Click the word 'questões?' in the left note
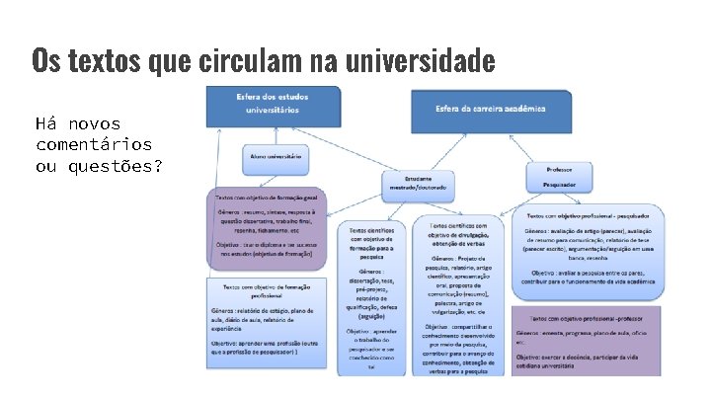[x=113, y=165]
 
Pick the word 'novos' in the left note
[x=94, y=123]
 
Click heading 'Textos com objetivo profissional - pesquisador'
[x=588, y=214]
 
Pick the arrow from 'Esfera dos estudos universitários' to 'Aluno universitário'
[x=274, y=137]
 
